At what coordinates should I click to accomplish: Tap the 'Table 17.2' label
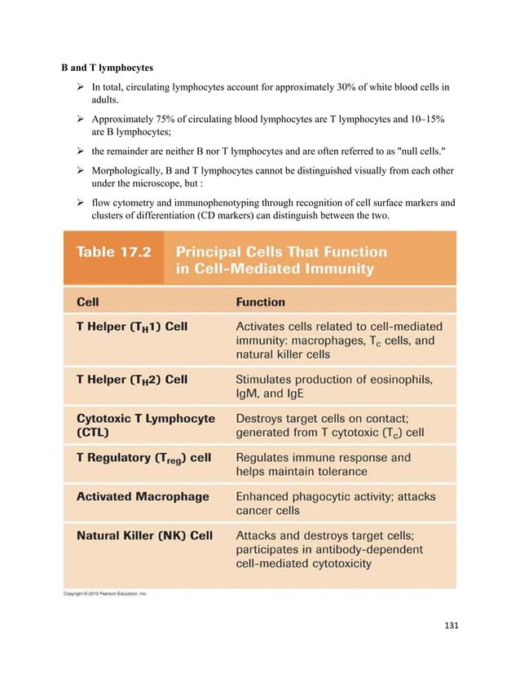[111, 253]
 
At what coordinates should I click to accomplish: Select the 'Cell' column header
[88, 301]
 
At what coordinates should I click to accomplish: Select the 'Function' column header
[261, 301]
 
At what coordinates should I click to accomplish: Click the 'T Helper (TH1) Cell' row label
[132, 327]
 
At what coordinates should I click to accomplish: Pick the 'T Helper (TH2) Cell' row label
[132, 379]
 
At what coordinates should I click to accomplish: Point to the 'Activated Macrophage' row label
[143, 495]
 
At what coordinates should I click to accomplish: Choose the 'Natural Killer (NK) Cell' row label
[144, 535]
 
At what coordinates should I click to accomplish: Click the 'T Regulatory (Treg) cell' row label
[143, 457]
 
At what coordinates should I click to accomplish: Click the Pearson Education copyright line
[107, 594]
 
